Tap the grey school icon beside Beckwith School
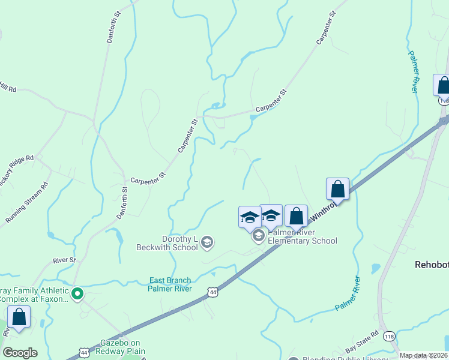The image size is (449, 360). pyautogui.click(x=207, y=242)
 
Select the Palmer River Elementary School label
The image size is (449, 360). pyautogui.click(x=302, y=236)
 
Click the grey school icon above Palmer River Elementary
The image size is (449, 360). pyautogui.click(x=259, y=236)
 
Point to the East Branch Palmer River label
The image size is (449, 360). pyautogui.click(x=170, y=284)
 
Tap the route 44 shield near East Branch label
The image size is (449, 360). pyautogui.click(x=212, y=291)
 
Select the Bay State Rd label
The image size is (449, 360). pyautogui.click(x=362, y=342)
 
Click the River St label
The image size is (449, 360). pyautogui.click(x=65, y=260)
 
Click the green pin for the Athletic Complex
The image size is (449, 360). pyautogui.click(x=77, y=294)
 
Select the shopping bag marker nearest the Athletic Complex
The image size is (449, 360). pyautogui.click(x=19, y=316)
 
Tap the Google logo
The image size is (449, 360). pyautogui.click(x=20, y=353)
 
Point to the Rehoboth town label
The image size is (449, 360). pyautogui.click(x=432, y=264)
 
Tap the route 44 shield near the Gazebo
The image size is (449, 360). pyautogui.click(x=83, y=350)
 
